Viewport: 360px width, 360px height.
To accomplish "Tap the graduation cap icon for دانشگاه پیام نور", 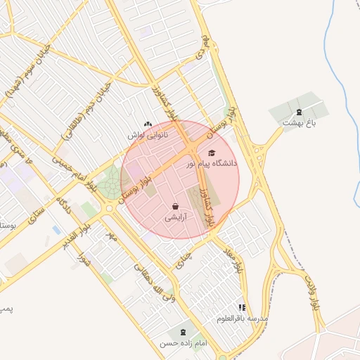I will [x=212, y=153].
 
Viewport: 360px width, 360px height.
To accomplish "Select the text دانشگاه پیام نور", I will [x=212, y=163].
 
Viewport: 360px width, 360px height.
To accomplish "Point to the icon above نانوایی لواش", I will [x=148, y=123].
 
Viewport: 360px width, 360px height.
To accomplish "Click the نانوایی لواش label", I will [x=148, y=134].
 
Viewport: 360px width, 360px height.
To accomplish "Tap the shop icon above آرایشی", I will [x=174, y=207].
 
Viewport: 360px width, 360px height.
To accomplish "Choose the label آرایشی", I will [x=174, y=218].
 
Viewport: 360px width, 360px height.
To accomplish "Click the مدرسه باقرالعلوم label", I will [x=243, y=319].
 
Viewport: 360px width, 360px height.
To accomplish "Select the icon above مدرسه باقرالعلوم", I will [x=243, y=307].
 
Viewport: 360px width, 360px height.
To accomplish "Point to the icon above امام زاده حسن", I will [x=184, y=332].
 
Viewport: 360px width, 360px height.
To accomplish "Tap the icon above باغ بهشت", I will [x=298, y=112].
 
